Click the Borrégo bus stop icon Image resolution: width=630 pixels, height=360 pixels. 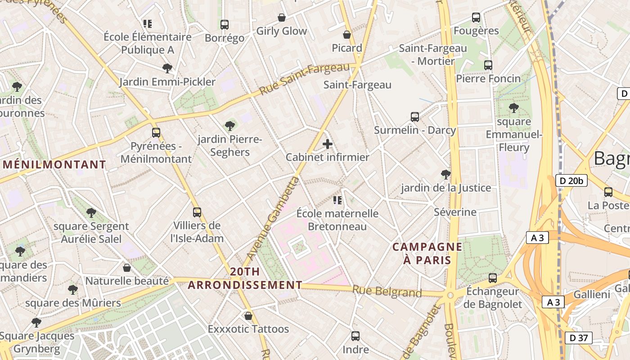(224, 25)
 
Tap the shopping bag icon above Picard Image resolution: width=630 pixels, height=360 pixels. (347, 35)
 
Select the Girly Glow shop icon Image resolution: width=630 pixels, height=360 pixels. (281, 18)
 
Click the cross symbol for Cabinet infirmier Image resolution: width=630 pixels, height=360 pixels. (328, 144)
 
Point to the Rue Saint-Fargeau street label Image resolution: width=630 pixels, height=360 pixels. (305, 80)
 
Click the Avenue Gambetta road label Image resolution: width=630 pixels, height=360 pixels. (273, 218)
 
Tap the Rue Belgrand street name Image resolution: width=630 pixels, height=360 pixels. (387, 292)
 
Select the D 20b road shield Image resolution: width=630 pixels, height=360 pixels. (571, 181)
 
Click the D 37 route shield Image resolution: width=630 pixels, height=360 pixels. (578, 338)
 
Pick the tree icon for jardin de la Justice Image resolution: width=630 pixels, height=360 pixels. (446, 174)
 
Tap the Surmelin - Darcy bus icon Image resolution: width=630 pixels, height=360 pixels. (415, 117)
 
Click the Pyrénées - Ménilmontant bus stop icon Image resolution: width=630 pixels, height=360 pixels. (156, 133)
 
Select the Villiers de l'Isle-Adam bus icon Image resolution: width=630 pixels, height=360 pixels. (197, 212)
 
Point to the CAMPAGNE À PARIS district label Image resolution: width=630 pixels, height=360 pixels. (427, 253)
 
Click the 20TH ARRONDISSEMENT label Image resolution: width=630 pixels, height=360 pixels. (245, 278)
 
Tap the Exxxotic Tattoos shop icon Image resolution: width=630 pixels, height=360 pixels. (248, 316)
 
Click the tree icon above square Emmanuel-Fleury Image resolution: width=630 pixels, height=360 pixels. (513, 108)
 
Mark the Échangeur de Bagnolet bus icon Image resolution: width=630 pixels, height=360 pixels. (493, 278)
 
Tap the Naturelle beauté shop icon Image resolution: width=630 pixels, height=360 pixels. (127, 268)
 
